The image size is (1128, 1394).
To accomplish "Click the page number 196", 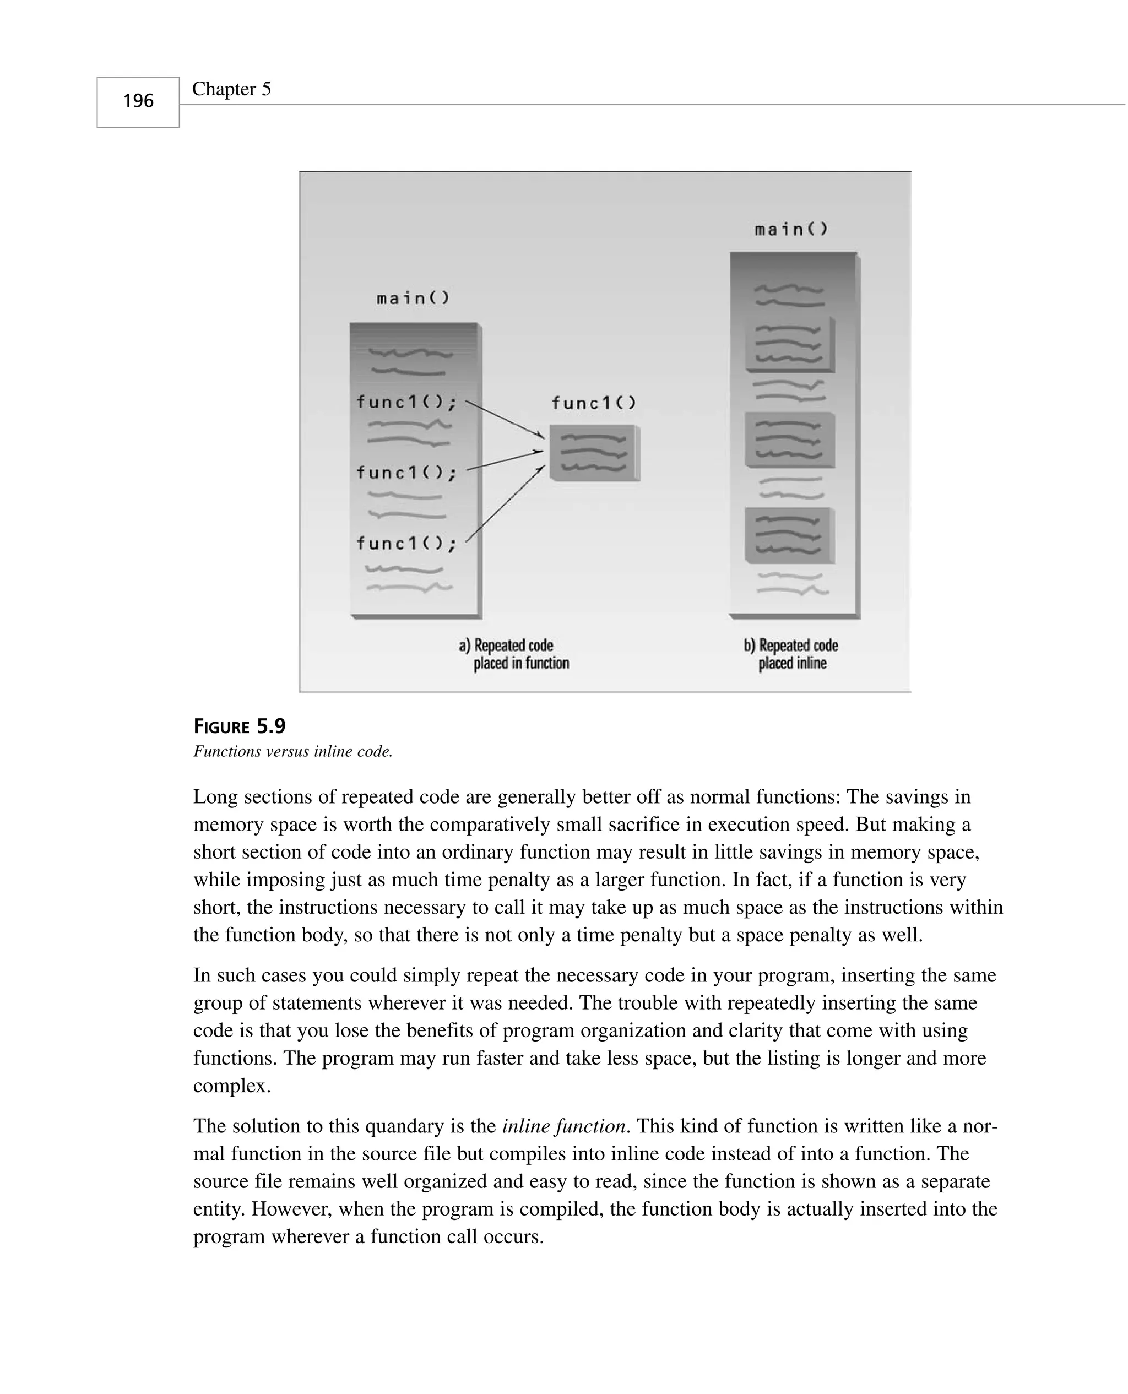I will click(138, 101).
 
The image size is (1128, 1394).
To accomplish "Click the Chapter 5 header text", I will click(231, 89).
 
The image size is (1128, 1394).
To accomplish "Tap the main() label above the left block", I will click(413, 298).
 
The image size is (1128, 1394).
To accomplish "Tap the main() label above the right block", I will click(791, 229).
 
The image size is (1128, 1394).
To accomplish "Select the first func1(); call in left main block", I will click(406, 402).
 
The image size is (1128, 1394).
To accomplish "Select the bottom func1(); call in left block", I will click(406, 543).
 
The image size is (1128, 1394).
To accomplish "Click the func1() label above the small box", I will click(594, 403).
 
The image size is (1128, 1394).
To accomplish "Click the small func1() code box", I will click(593, 453).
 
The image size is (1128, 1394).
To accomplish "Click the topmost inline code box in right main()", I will click(789, 344).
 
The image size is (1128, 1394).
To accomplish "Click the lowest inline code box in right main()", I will click(789, 535).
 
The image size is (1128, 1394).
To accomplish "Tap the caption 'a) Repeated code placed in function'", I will click(514, 654).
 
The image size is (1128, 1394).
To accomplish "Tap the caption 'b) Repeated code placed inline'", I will click(791, 654).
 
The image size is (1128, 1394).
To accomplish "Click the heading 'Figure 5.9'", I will click(240, 726).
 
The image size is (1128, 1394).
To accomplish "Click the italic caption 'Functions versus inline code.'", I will click(293, 752).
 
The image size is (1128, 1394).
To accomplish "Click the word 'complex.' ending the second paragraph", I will click(232, 1086).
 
